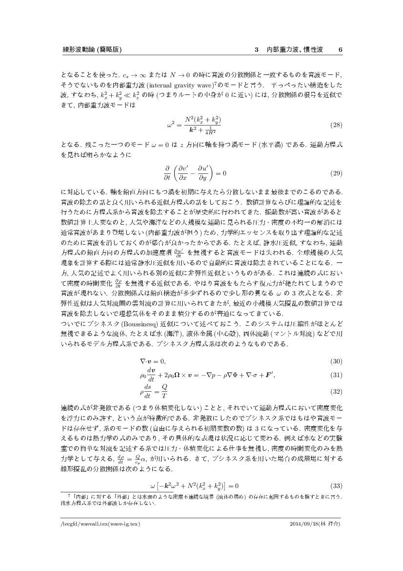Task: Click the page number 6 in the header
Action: (x=341, y=50)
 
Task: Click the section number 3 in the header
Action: (x=257, y=50)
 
